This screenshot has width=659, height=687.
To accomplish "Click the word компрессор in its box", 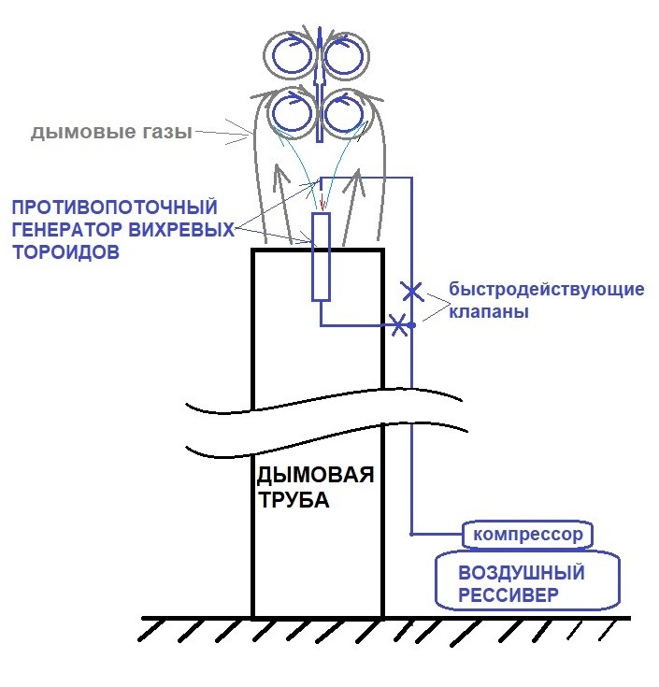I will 529,535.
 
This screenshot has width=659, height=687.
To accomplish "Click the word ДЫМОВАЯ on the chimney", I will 316,476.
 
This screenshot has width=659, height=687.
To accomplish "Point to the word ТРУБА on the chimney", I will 294,500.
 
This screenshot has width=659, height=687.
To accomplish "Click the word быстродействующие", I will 546,289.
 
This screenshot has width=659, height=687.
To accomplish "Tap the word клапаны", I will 489,312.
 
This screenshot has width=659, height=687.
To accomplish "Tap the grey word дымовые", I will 78,133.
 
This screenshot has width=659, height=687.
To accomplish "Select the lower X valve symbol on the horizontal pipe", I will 399,325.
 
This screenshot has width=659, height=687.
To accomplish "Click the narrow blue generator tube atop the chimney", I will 321,256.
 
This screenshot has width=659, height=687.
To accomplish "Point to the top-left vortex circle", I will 291,55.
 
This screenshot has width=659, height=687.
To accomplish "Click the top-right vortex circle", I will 347,55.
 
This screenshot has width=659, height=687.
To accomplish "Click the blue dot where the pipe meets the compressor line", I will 411,535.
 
